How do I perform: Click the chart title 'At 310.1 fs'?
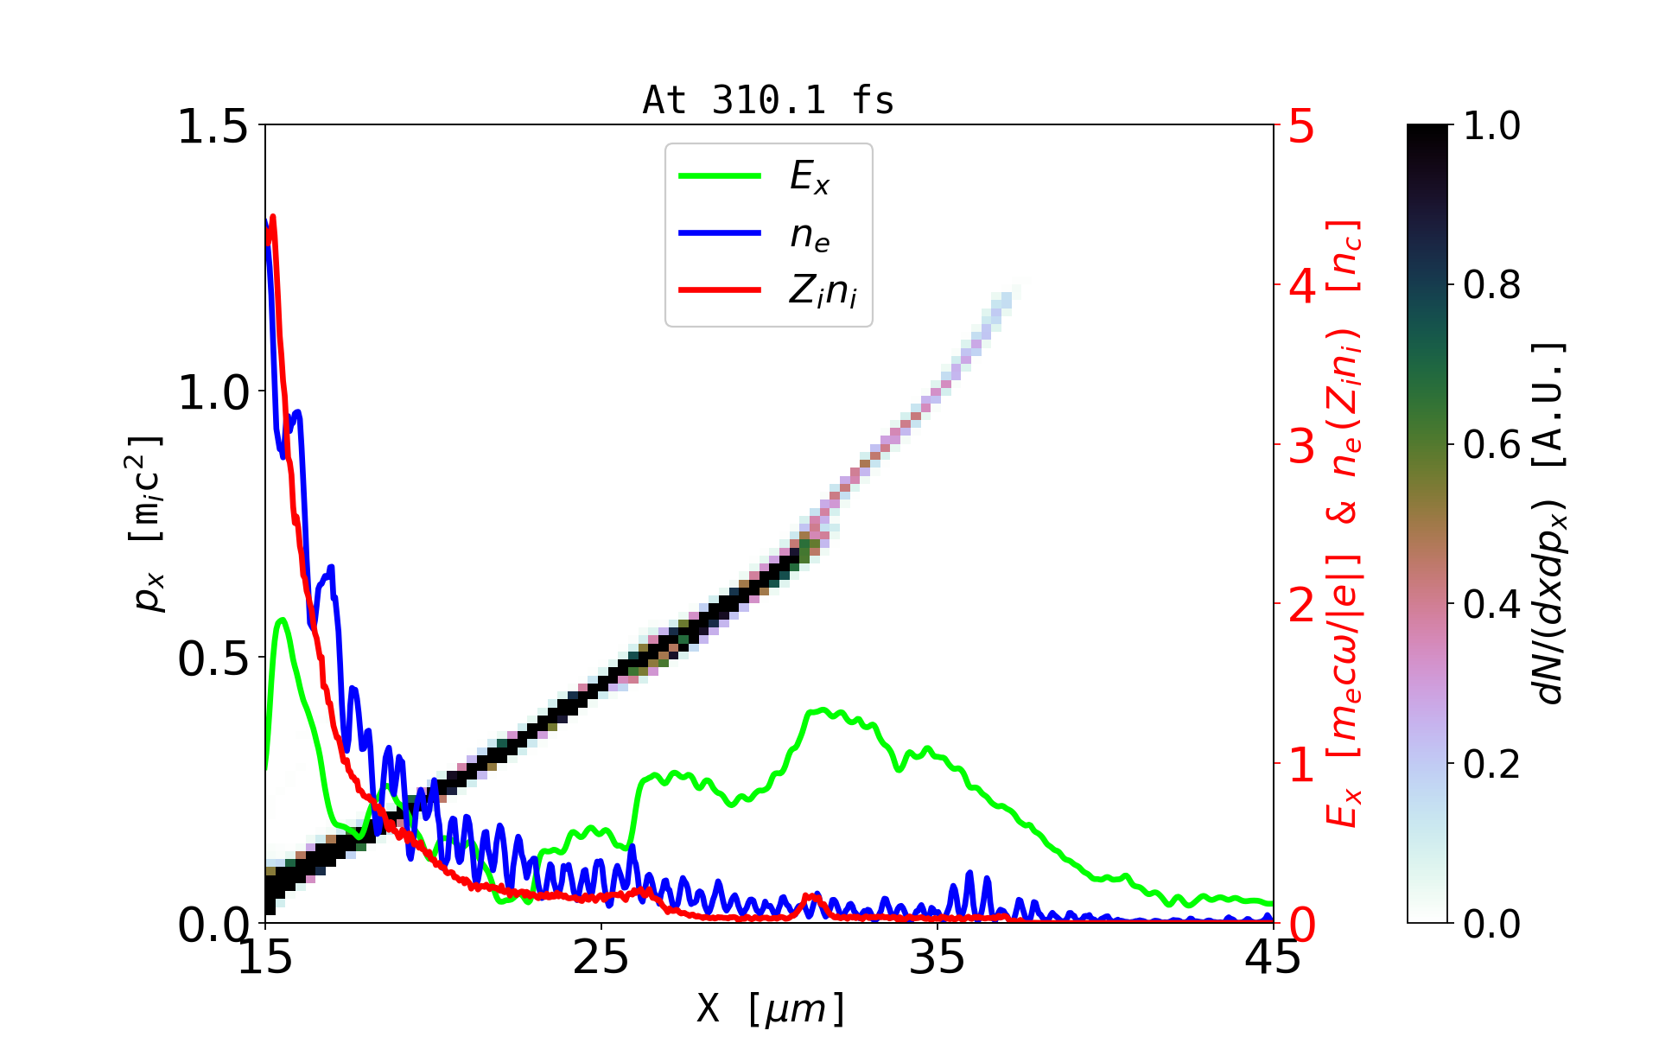click(768, 100)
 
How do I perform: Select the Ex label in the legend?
click(810, 177)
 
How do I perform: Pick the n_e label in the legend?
click(810, 235)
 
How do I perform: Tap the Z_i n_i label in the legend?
click(823, 291)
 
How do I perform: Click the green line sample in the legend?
click(720, 176)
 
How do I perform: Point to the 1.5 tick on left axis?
click(212, 126)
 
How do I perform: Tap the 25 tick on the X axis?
click(601, 957)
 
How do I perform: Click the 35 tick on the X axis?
click(938, 957)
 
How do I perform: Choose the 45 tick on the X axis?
click(1274, 957)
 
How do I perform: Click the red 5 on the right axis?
click(1301, 127)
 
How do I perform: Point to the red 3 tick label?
click(1301, 446)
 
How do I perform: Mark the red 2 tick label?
click(1301, 606)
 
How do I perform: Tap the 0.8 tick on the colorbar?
click(1492, 285)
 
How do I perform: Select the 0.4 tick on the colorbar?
click(1492, 605)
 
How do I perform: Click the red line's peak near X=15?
click(273, 217)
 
